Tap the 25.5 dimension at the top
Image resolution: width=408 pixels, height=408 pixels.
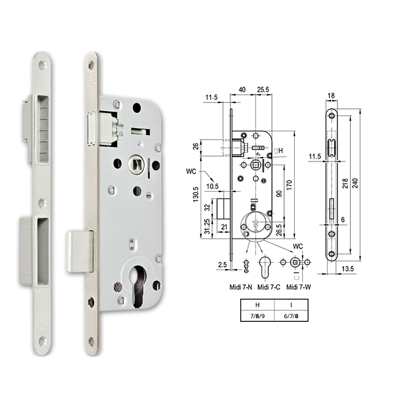pyautogui.click(x=264, y=90)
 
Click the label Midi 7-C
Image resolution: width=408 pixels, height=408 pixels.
pyautogui.click(x=270, y=288)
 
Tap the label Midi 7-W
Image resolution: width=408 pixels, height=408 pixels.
pyautogui.click(x=299, y=288)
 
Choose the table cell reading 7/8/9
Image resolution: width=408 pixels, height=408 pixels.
pyautogui.click(x=257, y=316)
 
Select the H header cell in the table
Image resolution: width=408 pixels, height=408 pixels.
pyautogui.click(x=257, y=304)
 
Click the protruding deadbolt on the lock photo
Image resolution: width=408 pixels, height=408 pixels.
pyautogui.click(x=81, y=250)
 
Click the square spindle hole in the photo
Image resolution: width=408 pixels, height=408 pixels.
pyautogui.click(x=137, y=164)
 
